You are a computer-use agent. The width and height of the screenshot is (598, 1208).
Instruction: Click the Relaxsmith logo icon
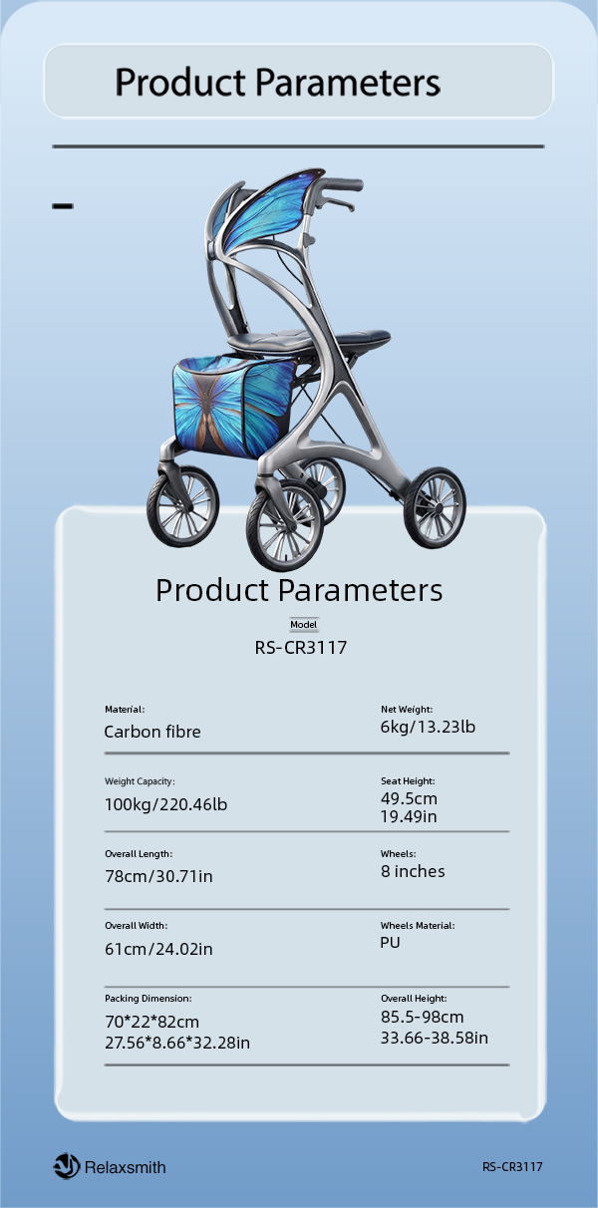pos(67,1166)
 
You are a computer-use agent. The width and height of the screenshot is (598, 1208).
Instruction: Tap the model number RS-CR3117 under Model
pos(301,647)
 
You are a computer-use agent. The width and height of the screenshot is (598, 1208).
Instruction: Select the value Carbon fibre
pos(152,732)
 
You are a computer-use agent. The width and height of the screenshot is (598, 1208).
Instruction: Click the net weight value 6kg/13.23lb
pos(428,727)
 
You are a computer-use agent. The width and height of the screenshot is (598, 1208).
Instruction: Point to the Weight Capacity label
pos(140,781)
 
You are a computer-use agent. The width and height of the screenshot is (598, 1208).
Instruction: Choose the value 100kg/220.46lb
pos(166,804)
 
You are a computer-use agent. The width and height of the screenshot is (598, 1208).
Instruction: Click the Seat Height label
pos(408,780)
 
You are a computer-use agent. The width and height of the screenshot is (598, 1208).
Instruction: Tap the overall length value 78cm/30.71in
pos(158,876)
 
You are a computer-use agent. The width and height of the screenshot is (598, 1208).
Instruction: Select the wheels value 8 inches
pos(413,871)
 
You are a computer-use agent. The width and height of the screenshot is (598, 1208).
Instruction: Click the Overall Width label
pos(136,925)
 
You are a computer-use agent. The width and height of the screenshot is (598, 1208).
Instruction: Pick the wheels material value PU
pos(390,942)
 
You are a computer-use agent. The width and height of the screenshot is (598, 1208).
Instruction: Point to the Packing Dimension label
pos(149,999)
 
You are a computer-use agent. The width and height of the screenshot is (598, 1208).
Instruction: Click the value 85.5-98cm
pos(423,1017)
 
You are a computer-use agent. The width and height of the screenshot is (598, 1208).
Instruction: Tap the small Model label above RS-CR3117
pos(304,625)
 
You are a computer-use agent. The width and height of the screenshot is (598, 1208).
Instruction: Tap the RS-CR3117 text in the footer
pos(512,1166)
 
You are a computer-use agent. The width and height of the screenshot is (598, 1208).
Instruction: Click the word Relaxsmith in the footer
pos(126,1167)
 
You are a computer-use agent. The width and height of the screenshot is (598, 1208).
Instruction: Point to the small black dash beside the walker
pos(63,205)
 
